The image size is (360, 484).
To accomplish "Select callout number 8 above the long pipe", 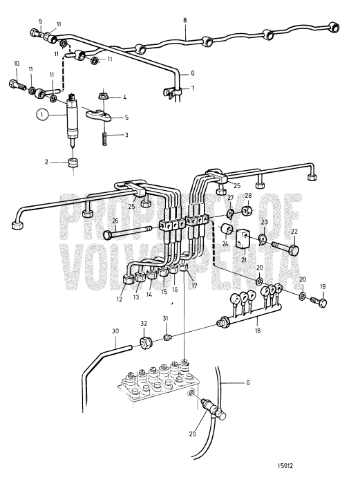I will (185, 21).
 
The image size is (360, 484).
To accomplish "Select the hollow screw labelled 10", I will (15, 83).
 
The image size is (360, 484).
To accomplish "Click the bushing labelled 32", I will (145, 344).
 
